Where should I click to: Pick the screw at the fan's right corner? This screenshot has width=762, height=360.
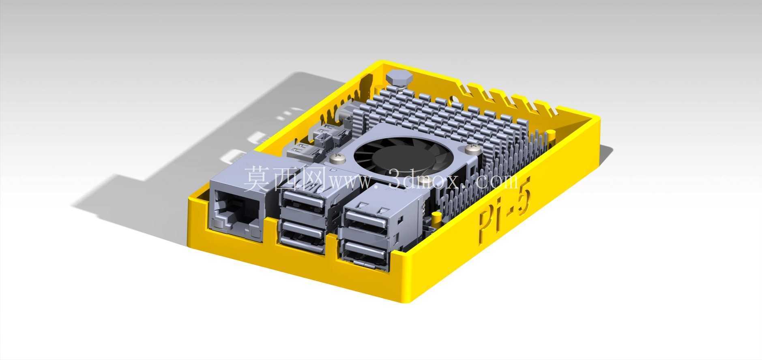473,150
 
